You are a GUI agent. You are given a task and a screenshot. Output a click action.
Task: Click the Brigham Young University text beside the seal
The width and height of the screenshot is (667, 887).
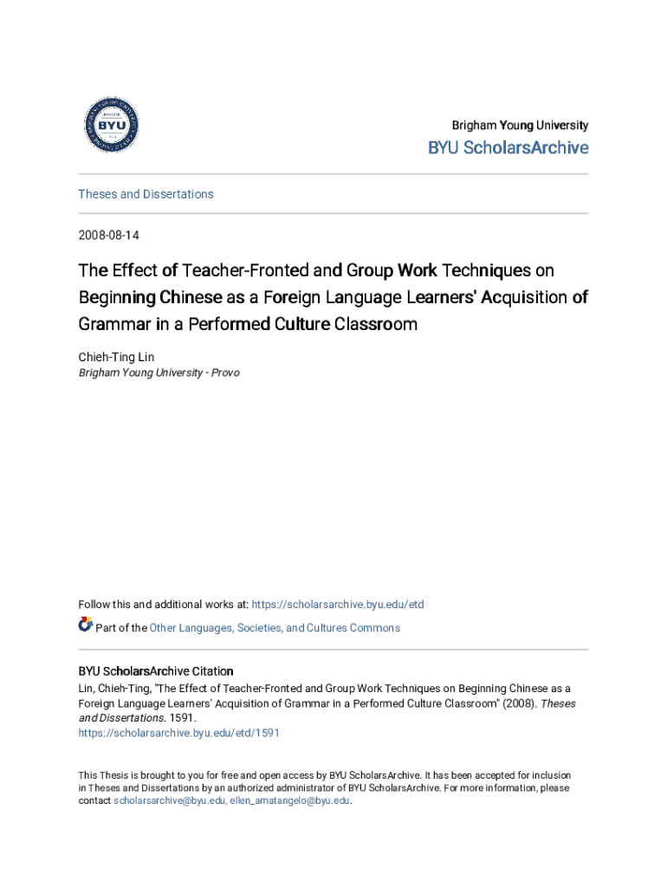pos(519,126)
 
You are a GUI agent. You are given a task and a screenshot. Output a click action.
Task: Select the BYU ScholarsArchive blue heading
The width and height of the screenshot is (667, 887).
pos(508,148)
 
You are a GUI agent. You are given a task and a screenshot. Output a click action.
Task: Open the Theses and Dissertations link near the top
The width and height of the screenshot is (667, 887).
pos(146,194)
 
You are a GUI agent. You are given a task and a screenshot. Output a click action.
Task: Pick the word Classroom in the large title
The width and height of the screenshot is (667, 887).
pos(376,325)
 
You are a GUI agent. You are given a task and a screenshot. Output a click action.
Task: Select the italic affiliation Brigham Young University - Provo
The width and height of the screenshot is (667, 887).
pos(159,372)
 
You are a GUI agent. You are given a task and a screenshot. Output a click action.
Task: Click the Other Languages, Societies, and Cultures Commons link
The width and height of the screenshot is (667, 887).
pos(275,628)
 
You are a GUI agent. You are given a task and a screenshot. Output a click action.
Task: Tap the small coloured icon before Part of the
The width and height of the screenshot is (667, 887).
pos(85,625)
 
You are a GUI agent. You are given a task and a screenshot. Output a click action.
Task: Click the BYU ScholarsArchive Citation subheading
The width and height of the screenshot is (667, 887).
pos(155,671)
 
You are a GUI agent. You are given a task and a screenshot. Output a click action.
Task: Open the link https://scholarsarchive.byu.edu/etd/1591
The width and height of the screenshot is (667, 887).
pos(178,733)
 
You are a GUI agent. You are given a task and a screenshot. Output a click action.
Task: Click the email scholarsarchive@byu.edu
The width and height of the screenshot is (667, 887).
pos(169,801)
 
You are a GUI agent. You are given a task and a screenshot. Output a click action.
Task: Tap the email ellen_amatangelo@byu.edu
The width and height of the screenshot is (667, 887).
pos(289,801)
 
